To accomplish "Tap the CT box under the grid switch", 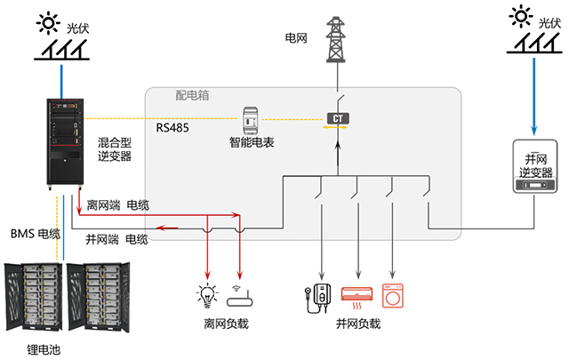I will click(338, 118).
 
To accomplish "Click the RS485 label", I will click(172, 127).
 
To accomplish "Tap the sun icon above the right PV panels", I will click(522, 16).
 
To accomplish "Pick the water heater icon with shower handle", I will click(317, 294).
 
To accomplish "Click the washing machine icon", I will click(391, 294).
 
